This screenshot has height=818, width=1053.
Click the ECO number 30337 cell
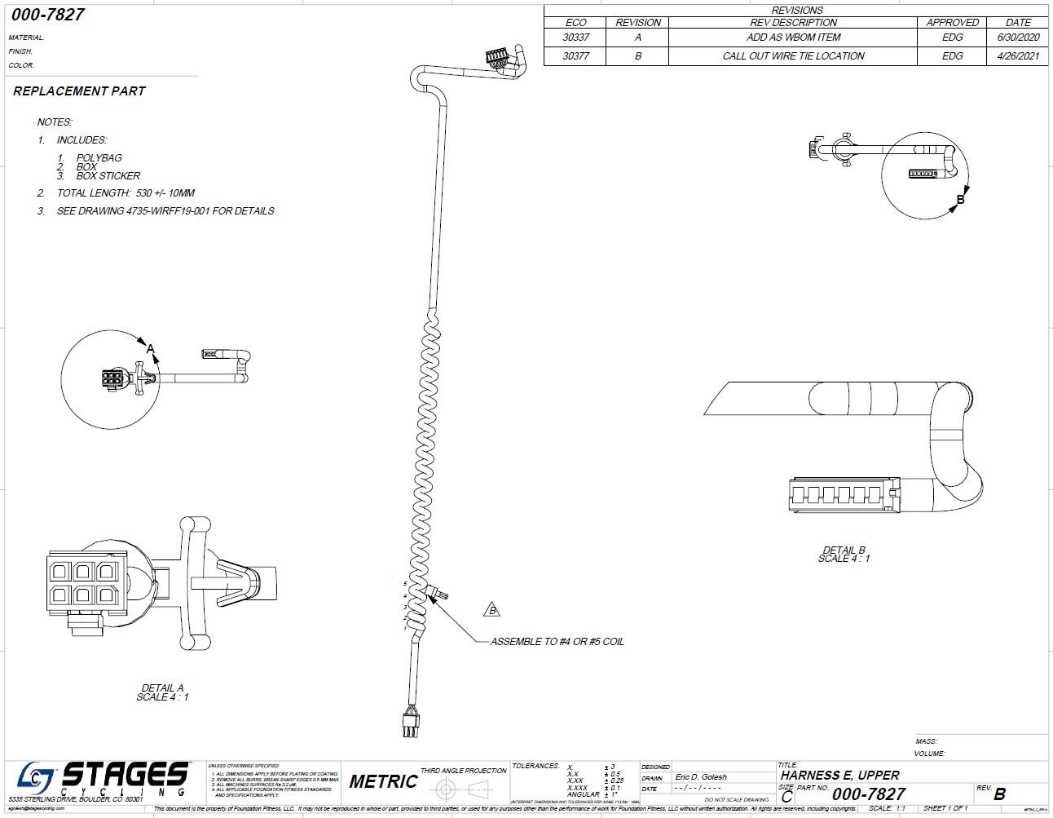point(575,38)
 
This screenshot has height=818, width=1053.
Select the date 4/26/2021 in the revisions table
point(1018,56)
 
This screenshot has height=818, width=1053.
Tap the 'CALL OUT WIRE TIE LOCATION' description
point(793,56)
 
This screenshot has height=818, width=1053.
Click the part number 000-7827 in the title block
point(869,794)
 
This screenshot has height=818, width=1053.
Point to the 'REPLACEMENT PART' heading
point(79,91)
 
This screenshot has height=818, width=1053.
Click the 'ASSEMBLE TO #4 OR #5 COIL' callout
point(557,642)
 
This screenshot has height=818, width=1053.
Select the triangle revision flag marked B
point(491,610)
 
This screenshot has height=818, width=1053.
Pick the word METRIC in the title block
point(383,781)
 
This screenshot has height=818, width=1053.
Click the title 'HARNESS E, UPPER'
point(840,776)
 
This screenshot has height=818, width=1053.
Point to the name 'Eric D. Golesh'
point(701,777)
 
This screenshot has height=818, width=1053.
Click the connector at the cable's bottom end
point(411,723)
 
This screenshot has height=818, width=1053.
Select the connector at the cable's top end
point(498,58)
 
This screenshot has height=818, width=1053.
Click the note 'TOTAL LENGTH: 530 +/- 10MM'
point(126,193)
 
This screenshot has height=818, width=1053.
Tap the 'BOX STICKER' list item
point(108,176)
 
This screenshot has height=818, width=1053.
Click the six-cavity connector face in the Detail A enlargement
point(84,582)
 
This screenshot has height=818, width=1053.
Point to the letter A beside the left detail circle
point(150,349)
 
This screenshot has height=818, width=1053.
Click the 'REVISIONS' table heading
point(797,11)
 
